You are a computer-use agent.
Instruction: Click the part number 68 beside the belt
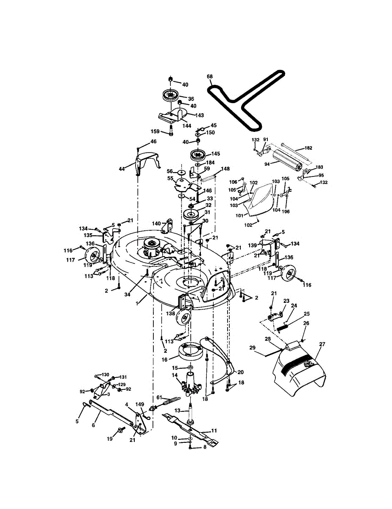pyautogui.click(x=209, y=77)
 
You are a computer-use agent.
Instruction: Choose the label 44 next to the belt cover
pyautogui.click(x=122, y=169)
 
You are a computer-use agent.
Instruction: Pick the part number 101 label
pyautogui.click(x=239, y=215)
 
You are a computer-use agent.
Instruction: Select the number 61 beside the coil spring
pyautogui.click(x=159, y=397)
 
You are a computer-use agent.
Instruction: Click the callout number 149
pyautogui.click(x=140, y=405)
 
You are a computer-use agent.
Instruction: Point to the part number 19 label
pyautogui.click(x=110, y=439)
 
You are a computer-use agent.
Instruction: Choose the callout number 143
pyautogui.click(x=199, y=115)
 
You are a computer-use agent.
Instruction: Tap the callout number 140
pyautogui.click(x=157, y=223)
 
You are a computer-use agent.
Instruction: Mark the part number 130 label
pyautogui.click(x=105, y=375)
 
